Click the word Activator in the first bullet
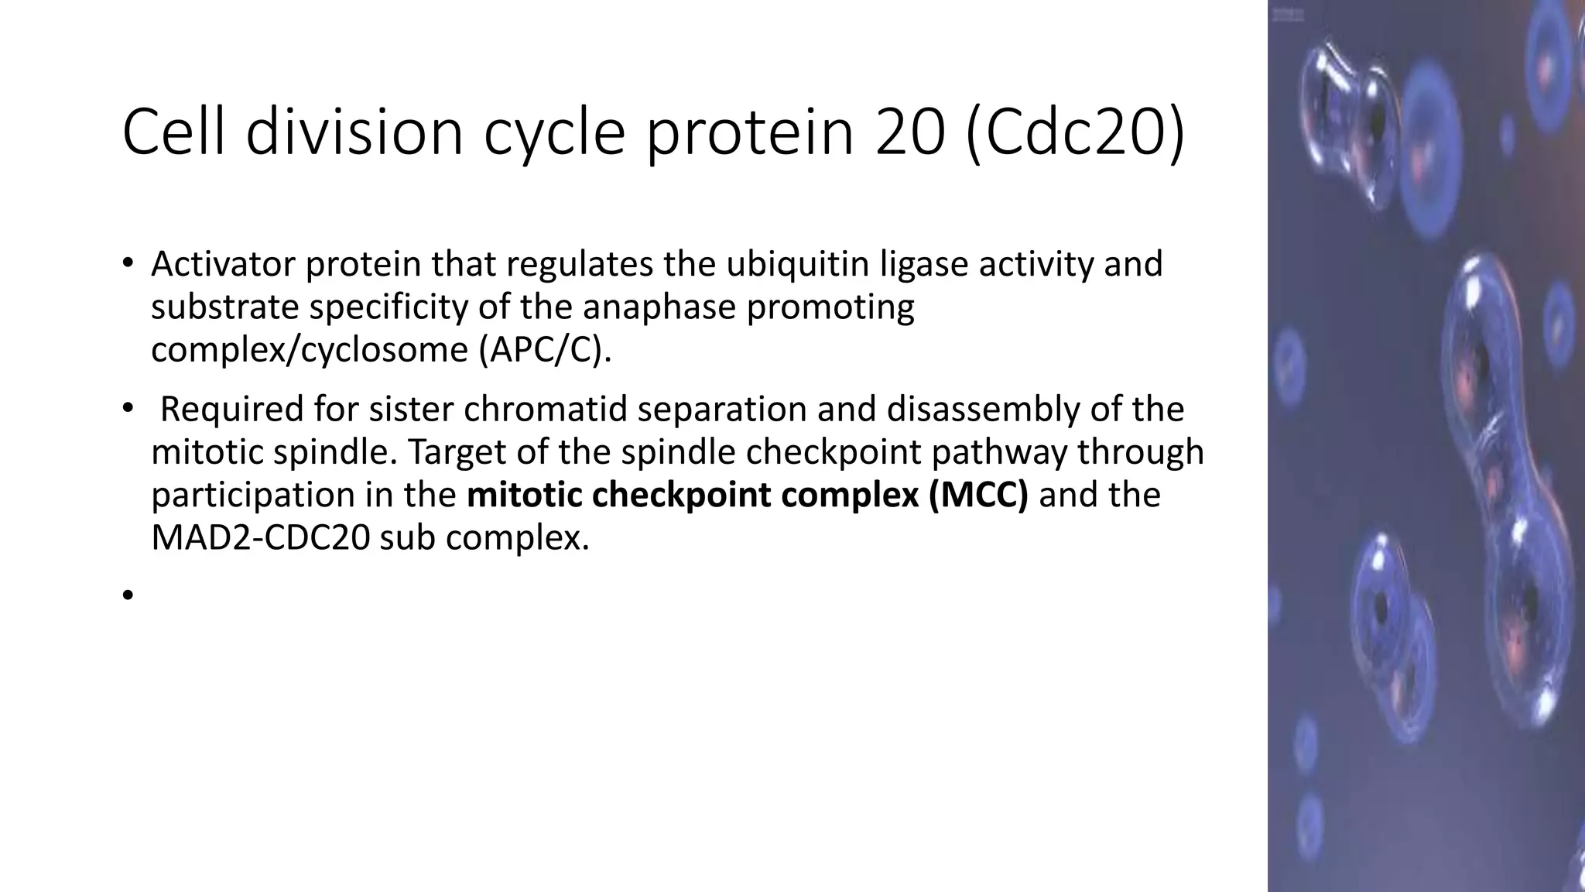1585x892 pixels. pos(222,264)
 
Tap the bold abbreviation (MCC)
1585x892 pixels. pos(978,495)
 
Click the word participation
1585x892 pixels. pos(252,496)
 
